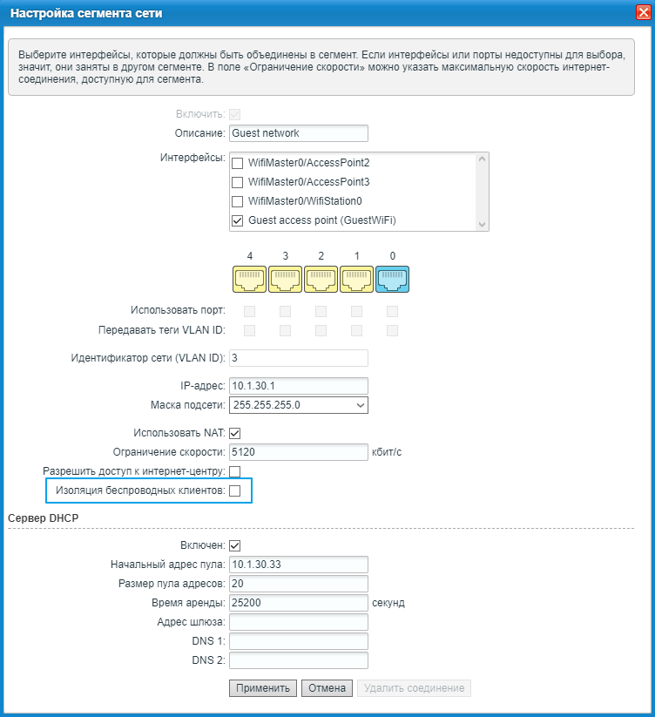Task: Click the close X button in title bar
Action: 642,13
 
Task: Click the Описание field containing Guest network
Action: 298,133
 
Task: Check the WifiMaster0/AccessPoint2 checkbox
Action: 237,164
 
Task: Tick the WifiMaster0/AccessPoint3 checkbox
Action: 237,183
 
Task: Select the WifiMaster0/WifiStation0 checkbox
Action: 237,202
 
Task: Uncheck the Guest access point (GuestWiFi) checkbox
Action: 237,221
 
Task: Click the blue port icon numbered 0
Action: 392,279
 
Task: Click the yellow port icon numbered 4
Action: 250,279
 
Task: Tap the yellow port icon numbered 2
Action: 321,279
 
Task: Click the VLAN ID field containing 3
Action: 298,358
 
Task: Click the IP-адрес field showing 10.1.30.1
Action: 298,386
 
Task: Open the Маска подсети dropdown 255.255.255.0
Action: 298,405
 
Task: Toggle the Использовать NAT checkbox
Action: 234,433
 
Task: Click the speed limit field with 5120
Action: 298,452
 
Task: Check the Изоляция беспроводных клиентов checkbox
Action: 234,491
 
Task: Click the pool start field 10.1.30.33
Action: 298,565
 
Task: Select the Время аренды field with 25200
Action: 298,603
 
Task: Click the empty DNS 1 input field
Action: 298,641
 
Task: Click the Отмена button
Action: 327,688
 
